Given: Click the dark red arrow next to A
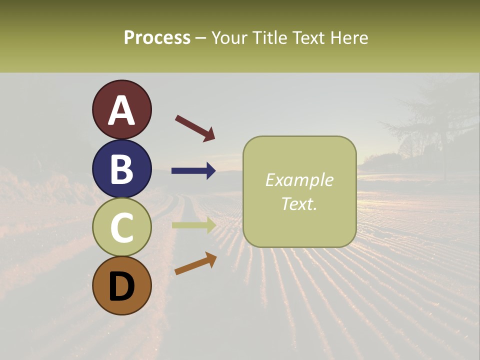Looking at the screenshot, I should [195, 128].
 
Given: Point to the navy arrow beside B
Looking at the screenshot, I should [193, 171].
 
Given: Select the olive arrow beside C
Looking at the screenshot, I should [194, 225].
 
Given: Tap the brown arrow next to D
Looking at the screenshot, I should [195, 263].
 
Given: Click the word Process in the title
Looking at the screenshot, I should [157, 37].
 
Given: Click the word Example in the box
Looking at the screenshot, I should [299, 180].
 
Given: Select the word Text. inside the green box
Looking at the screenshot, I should [299, 203].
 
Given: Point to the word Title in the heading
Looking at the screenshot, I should [270, 37].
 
